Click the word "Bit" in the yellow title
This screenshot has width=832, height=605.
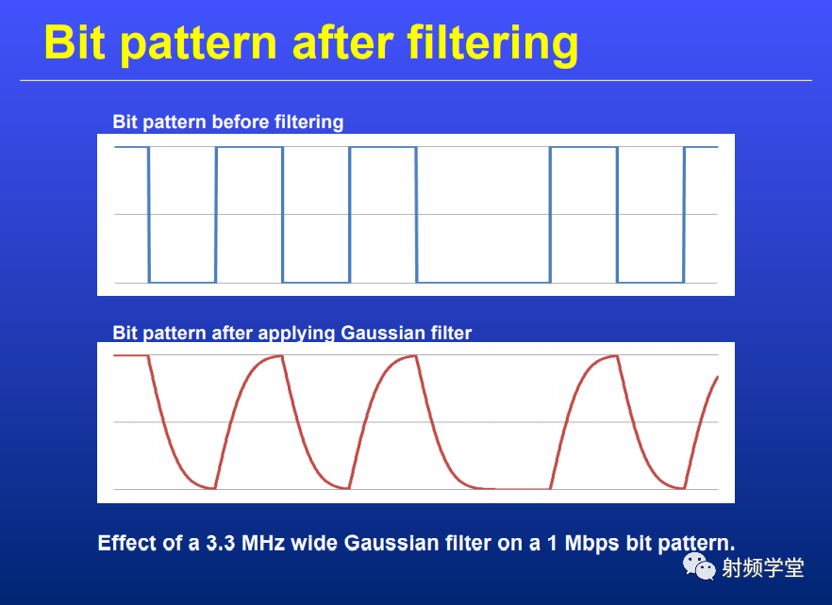75,41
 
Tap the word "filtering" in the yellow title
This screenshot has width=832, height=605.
492,44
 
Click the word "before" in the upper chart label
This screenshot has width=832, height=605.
240,122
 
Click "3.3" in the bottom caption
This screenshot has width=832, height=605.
220,543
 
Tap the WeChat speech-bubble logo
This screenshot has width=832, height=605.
699,566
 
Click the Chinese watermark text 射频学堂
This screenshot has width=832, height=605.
763,568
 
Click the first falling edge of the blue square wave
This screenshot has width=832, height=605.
149,214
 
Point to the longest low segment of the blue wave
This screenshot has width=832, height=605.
483,282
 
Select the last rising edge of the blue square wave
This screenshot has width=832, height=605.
685,214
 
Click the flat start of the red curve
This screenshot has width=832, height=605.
130,355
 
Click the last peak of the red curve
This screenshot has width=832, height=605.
615,356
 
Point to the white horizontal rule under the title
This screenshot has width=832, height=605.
416,81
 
